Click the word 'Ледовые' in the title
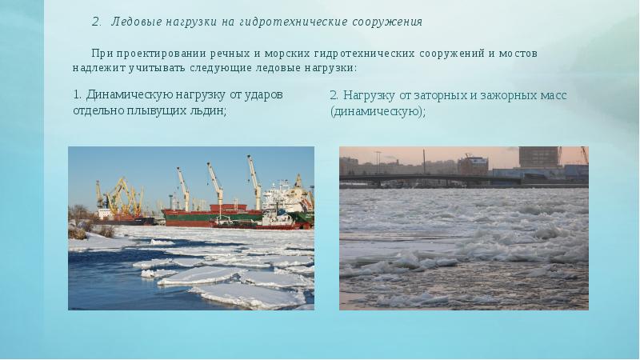tap(134, 20)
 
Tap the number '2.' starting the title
tap(98, 20)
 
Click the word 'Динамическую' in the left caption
tap(124, 94)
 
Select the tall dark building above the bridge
tap(538, 157)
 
